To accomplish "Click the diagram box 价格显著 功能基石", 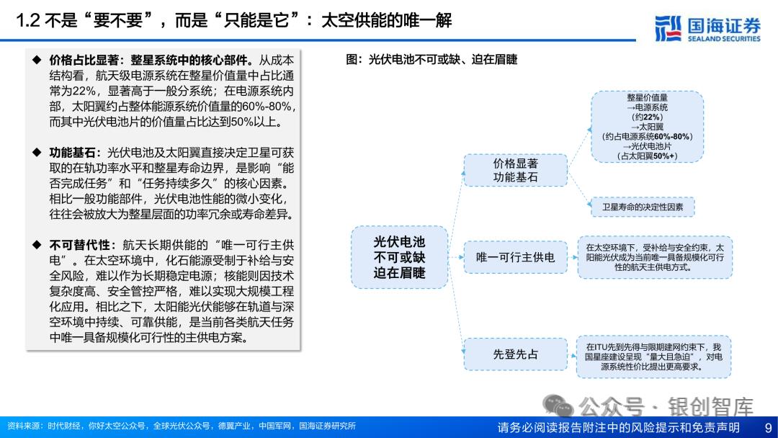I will (x=515, y=170).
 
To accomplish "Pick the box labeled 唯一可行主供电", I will (x=515, y=257).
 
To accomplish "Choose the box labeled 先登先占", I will (x=515, y=354).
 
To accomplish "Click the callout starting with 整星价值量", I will (x=647, y=127).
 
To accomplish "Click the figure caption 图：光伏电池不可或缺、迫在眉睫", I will (x=432, y=60).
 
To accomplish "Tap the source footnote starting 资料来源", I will (x=181, y=426).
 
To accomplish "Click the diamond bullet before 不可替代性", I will (x=36, y=245).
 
